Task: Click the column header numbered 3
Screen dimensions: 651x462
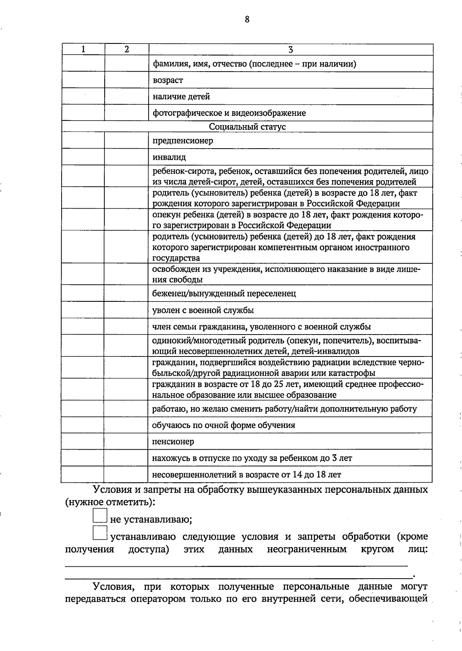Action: (291, 49)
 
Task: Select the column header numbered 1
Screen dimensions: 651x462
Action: (83, 49)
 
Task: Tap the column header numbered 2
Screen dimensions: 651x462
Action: (126, 49)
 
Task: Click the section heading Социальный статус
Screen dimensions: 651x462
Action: (247, 127)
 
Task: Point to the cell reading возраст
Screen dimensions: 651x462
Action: (168, 80)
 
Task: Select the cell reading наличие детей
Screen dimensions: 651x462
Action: (181, 97)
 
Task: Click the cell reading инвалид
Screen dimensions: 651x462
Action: (169, 157)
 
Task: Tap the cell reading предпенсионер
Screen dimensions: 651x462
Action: (183, 141)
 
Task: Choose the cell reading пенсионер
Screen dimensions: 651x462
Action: (173, 442)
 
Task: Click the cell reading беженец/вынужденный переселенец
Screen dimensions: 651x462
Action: (224, 294)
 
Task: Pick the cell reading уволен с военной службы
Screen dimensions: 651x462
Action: (203, 310)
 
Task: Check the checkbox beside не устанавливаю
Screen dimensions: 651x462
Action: (100, 515)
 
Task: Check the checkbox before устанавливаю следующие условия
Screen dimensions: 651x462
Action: (100, 533)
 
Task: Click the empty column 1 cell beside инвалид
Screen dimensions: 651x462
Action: (83, 157)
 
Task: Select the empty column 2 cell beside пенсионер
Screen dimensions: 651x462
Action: (126, 442)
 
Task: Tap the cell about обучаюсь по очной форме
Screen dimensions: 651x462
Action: (224, 425)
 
